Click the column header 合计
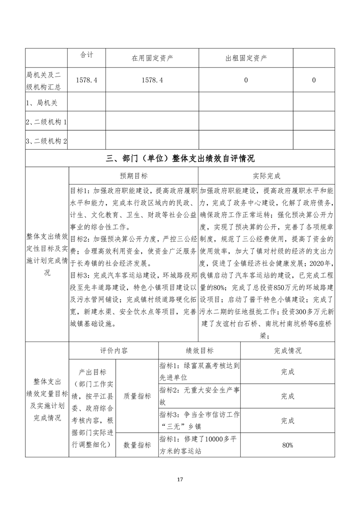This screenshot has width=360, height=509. point(87,55)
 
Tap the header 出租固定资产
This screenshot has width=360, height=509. point(246,59)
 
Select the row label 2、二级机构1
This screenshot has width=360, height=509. point(47,122)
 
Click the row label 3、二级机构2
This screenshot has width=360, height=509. point(47,142)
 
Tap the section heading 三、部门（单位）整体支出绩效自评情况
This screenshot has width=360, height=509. point(180,158)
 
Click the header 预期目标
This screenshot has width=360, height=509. point(133,176)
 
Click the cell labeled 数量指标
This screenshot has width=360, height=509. point(137,445)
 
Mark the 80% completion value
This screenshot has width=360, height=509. point(287,445)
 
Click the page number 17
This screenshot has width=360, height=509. point(180,479)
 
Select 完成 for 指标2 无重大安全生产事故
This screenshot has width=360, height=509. point(287,396)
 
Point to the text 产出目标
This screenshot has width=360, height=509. point(93,372)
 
